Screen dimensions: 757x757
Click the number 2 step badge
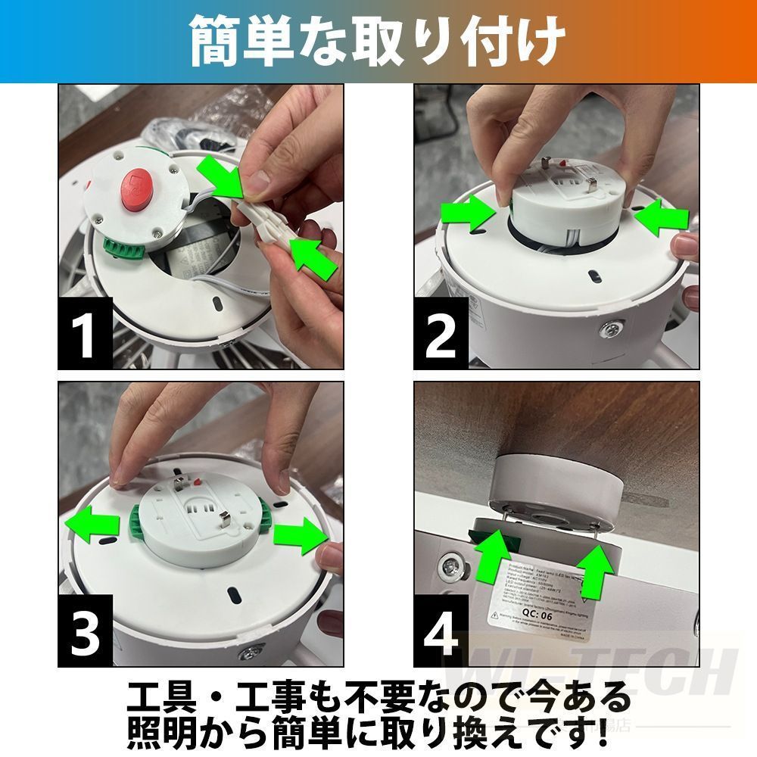[x=441, y=332]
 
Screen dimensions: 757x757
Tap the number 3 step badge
[x=86, y=630]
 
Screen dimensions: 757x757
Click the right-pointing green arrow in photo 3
[x=300, y=536]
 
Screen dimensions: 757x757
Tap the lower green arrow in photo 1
[x=312, y=257]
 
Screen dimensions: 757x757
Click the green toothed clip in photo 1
[x=117, y=250]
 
